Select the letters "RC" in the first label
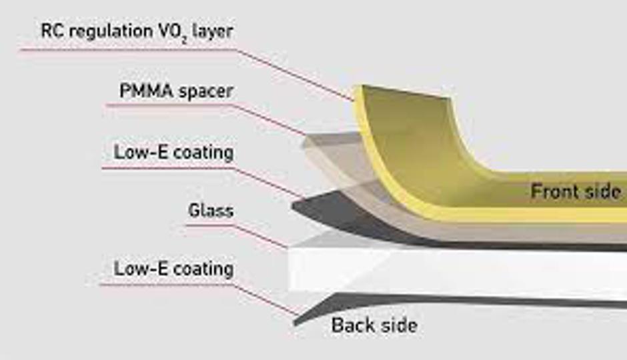tap(52, 31)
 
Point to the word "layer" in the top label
tap(212, 31)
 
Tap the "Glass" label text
tap(210, 210)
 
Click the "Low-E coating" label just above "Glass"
tap(173, 152)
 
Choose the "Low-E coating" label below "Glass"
tap(173, 268)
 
